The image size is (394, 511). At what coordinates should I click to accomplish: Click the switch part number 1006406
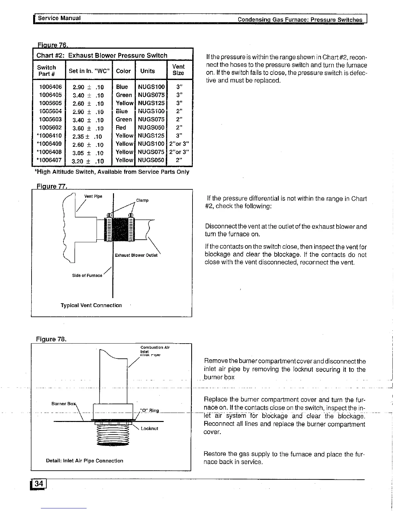[50, 87]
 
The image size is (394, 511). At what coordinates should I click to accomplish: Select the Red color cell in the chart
[121, 127]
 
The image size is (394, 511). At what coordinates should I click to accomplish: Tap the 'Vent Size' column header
[178, 70]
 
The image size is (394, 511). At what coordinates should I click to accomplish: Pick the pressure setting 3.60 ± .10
[88, 128]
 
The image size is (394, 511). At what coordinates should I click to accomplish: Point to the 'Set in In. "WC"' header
[89, 71]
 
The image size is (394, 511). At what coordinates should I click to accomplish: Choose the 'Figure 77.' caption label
[51, 186]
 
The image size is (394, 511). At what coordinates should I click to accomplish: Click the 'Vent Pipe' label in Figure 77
[93, 196]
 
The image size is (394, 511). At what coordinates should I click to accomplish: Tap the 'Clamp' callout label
[142, 200]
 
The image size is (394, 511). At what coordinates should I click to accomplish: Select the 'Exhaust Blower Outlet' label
[136, 255]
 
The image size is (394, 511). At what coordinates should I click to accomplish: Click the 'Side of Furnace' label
[87, 276]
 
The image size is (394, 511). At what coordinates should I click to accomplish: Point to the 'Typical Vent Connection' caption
[91, 305]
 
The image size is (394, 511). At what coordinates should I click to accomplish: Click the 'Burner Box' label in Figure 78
[63, 404]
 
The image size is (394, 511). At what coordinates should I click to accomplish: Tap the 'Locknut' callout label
[149, 428]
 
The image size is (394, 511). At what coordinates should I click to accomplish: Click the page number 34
[39, 484]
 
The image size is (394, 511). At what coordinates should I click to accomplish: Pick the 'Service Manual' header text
[59, 18]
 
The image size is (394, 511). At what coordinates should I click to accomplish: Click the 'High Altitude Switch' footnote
[112, 172]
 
